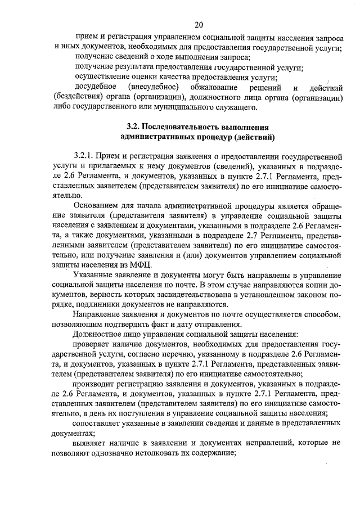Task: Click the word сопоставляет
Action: (x=100, y=424)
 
